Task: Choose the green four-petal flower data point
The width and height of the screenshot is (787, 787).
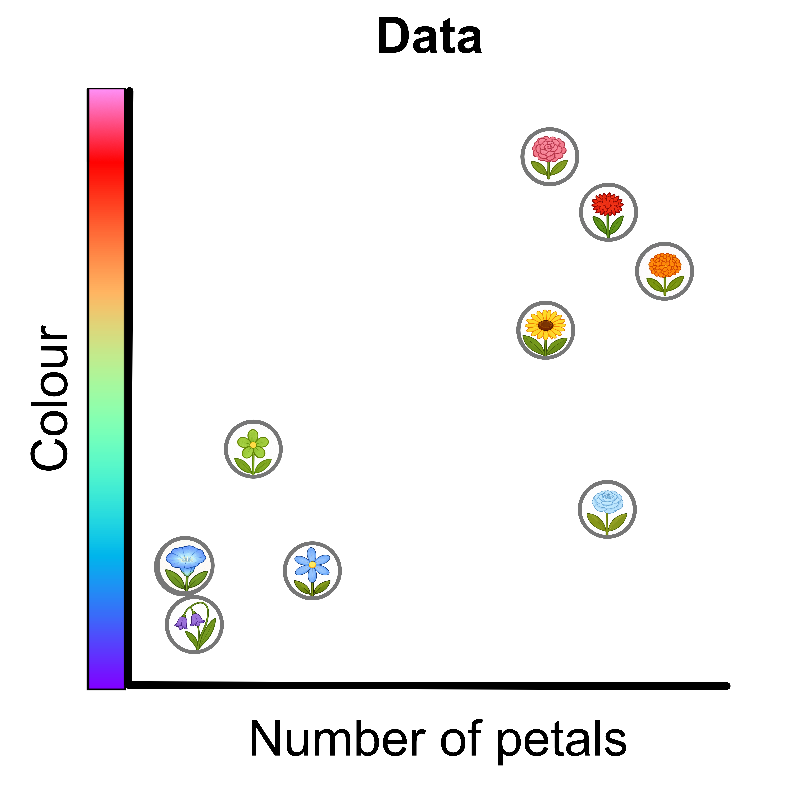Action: click(253, 449)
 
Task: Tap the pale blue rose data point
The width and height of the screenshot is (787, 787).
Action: click(607, 509)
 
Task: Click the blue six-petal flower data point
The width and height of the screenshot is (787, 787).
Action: click(312, 571)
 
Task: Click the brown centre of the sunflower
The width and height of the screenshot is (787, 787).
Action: click(545, 325)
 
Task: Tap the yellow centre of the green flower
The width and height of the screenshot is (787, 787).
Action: click(253, 445)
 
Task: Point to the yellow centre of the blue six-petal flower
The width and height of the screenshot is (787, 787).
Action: click(312, 565)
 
